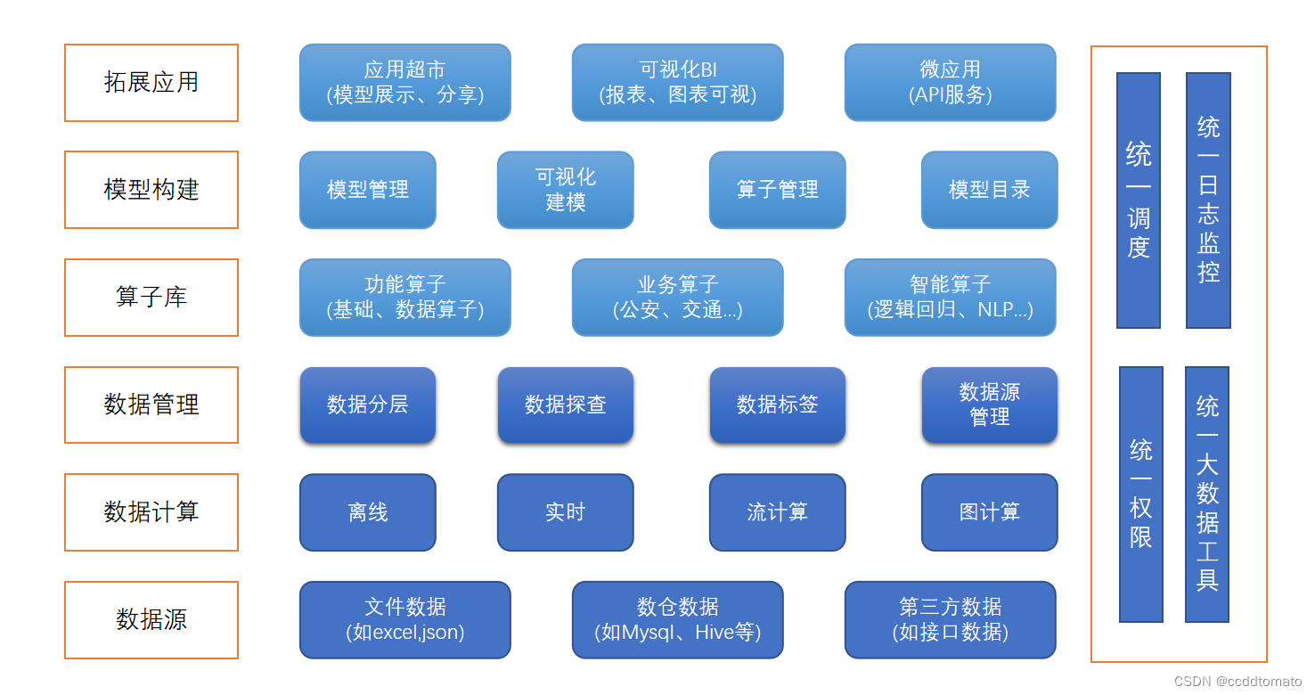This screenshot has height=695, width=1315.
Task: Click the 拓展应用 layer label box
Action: (x=151, y=83)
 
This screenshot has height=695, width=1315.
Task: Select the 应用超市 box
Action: (x=404, y=83)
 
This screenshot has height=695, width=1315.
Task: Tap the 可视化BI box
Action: (x=677, y=83)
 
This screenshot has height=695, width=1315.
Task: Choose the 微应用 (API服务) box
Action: (x=950, y=83)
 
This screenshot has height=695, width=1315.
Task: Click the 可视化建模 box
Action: (x=565, y=190)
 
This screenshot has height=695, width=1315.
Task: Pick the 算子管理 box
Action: (x=777, y=190)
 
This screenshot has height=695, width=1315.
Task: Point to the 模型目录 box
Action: (x=989, y=190)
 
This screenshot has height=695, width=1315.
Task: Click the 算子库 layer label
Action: (x=151, y=298)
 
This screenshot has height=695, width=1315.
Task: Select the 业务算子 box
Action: (x=677, y=298)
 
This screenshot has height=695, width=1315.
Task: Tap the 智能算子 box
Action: (x=950, y=298)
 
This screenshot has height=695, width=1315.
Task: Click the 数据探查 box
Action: (x=565, y=405)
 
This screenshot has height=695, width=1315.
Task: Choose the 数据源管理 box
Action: (x=989, y=405)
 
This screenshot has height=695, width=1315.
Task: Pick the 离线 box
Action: (x=367, y=512)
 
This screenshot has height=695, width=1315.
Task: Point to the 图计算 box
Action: (x=989, y=512)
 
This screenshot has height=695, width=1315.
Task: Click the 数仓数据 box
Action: (x=677, y=620)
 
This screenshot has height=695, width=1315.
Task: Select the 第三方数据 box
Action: (x=950, y=620)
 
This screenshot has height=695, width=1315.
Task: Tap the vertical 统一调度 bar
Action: (x=1139, y=200)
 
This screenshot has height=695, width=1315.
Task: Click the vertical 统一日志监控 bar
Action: (x=1208, y=200)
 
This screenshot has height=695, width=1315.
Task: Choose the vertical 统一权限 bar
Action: (x=1141, y=495)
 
